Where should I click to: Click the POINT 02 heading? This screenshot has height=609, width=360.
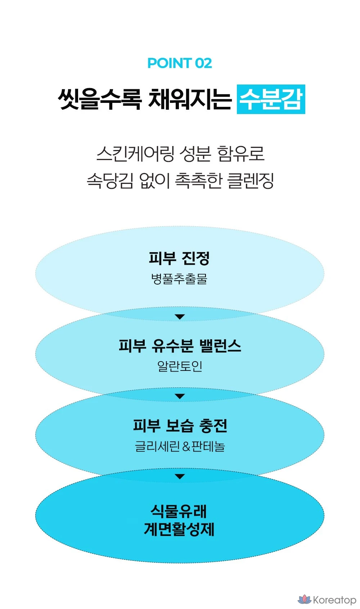180,63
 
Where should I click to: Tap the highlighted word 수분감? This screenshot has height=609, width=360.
271,99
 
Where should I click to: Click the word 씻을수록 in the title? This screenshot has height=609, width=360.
99,99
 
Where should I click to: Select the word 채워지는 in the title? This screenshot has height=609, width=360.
189,99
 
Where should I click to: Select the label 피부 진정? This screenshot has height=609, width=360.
179,258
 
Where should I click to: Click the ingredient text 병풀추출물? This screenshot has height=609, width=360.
179,279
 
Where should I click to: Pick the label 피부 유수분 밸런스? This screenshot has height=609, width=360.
180,346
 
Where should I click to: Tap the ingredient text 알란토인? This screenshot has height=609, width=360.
180,366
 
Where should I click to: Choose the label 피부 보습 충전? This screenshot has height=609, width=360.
180,426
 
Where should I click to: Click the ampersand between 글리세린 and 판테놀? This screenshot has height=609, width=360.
186,447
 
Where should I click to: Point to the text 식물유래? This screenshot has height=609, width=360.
179,511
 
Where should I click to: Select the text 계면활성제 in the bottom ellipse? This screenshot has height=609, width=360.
179,529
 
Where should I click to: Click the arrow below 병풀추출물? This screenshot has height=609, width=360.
180,317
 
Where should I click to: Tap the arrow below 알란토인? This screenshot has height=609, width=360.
180,396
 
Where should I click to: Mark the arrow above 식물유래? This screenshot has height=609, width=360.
180,477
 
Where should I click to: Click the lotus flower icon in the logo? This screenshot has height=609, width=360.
304,599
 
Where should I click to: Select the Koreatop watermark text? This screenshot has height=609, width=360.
334,600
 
